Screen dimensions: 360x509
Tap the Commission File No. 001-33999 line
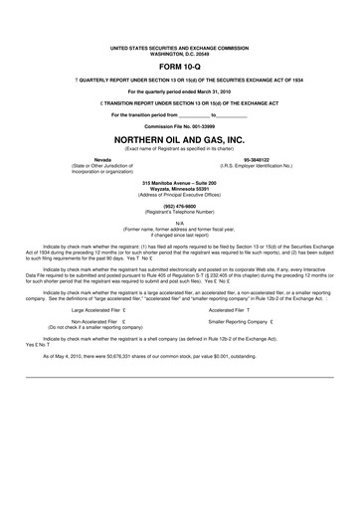(179, 127)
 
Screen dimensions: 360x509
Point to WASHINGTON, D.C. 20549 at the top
(179, 53)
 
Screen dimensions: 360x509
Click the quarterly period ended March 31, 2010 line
(179, 91)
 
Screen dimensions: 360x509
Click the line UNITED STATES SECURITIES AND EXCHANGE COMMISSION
(179, 47)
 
